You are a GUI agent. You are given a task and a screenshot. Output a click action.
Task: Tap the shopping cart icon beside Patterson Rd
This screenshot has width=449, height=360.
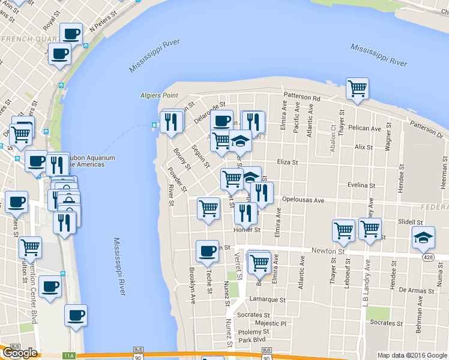(357, 89)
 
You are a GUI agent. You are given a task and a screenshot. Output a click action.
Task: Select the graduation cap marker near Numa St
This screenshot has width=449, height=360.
(424, 238)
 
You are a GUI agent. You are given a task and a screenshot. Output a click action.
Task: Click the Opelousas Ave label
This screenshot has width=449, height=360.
(303, 200)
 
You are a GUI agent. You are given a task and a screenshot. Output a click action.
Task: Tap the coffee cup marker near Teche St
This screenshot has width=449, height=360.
(208, 251)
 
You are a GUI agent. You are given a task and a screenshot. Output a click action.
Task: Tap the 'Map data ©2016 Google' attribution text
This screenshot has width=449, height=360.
(412, 355)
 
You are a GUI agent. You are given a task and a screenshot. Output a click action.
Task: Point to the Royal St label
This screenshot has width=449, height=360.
(50, 23)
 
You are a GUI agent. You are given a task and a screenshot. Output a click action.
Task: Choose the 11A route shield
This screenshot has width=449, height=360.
(68, 356)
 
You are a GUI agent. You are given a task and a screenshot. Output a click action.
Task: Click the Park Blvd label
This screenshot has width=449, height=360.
(252, 340)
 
